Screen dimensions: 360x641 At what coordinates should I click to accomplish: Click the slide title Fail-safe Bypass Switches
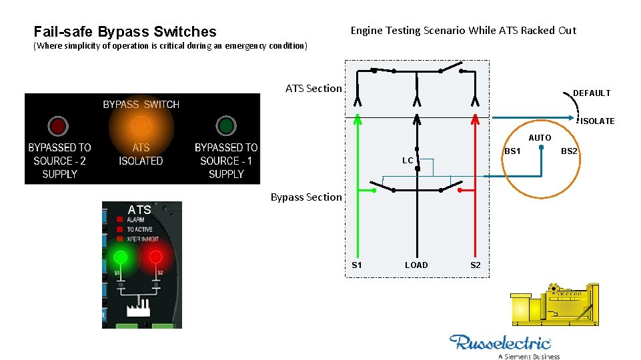(x=125, y=31)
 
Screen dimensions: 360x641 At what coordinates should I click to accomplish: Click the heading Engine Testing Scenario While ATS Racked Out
(x=463, y=30)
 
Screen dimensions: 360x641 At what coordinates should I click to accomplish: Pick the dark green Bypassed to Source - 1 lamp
(x=226, y=125)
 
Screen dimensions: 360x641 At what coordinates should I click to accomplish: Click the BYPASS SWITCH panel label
(x=141, y=104)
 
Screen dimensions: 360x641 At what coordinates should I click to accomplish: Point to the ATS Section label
(x=313, y=88)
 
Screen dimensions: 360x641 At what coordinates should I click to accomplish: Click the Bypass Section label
(x=306, y=197)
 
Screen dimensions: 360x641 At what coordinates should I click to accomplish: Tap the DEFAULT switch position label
(x=592, y=93)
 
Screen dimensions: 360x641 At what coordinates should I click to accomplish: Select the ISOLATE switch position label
(x=597, y=121)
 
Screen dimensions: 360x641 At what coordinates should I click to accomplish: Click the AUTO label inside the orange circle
(x=540, y=138)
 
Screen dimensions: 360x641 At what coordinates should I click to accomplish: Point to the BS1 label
(x=512, y=151)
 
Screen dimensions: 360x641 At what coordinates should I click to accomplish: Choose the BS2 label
(x=569, y=151)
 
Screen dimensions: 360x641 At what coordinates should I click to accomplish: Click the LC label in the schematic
(x=408, y=161)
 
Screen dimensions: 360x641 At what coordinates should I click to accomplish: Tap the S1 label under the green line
(x=357, y=265)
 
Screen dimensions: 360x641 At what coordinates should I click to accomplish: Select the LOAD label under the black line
(x=416, y=265)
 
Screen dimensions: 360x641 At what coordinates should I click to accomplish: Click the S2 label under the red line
(x=475, y=265)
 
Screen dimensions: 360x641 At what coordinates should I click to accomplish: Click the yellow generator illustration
(x=552, y=307)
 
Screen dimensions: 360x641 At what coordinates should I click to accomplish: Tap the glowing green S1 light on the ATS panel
(x=121, y=257)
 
